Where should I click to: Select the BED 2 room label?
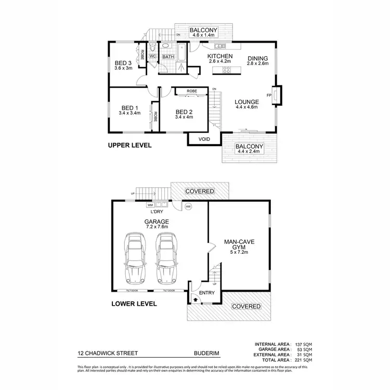[x=184, y=112]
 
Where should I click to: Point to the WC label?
[x=153, y=56]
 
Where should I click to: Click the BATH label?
[x=168, y=57]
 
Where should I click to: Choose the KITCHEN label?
[x=220, y=56]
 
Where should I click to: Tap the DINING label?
[x=258, y=58]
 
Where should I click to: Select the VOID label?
[x=204, y=139]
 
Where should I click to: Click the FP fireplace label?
[x=269, y=95]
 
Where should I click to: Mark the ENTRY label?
[x=206, y=293]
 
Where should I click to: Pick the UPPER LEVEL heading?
[x=129, y=146]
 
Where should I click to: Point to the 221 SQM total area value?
[x=303, y=360]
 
